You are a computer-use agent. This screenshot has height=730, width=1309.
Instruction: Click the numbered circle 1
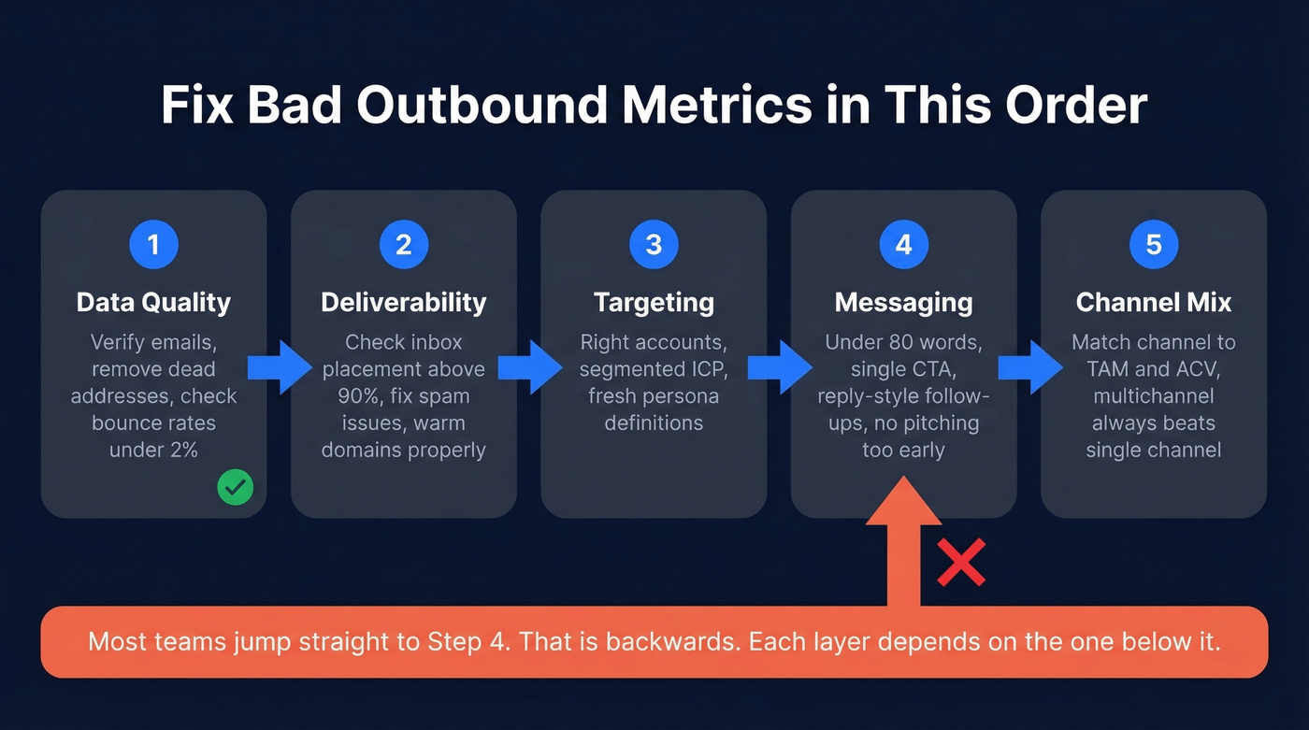click(x=153, y=245)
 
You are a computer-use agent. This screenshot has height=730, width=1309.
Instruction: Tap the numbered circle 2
click(x=404, y=245)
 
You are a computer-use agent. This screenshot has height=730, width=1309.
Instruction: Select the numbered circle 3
click(x=654, y=245)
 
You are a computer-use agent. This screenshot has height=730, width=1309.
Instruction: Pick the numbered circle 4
click(x=903, y=245)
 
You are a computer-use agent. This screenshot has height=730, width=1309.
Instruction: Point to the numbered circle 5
click(x=1154, y=245)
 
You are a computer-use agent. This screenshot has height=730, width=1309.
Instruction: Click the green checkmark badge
click(x=236, y=487)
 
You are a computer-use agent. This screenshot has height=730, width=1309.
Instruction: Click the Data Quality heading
click(x=153, y=303)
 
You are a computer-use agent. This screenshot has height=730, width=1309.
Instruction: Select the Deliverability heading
click(x=404, y=303)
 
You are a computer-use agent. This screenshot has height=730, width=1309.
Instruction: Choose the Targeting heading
click(x=654, y=303)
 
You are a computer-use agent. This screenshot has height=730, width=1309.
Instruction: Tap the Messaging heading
click(x=903, y=303)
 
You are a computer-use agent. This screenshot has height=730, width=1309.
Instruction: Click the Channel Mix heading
click(x=1154, y=303)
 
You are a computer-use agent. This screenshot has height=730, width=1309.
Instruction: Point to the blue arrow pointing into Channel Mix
click(x=1029, y=367)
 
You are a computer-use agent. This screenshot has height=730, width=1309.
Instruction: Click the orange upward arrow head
click(x=902, y=509)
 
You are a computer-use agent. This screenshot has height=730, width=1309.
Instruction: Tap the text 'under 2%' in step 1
click(x=153, y=450)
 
